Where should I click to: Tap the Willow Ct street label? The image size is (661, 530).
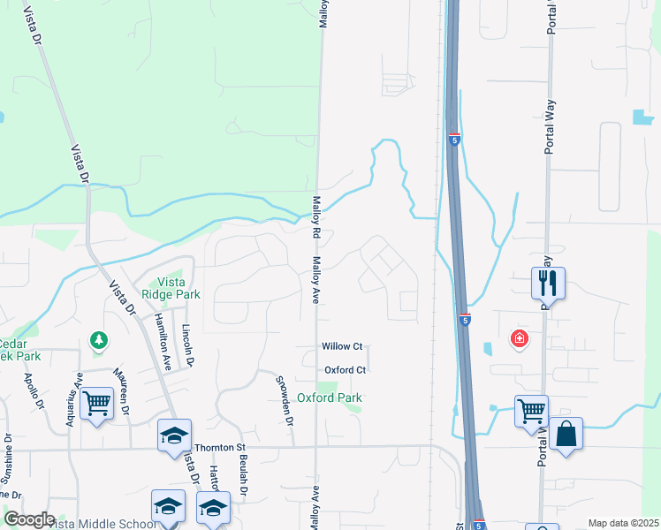[342, 346]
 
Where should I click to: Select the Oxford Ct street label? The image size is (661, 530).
[345, 370]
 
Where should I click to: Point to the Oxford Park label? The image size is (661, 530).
[329, 398]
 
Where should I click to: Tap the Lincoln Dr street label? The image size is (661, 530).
[186, 345]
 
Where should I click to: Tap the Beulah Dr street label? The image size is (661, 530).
[244, 472]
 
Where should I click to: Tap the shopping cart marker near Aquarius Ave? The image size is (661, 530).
[96, 404]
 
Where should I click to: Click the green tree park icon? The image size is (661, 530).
[98, 339]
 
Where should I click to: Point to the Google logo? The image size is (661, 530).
[29, 519]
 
